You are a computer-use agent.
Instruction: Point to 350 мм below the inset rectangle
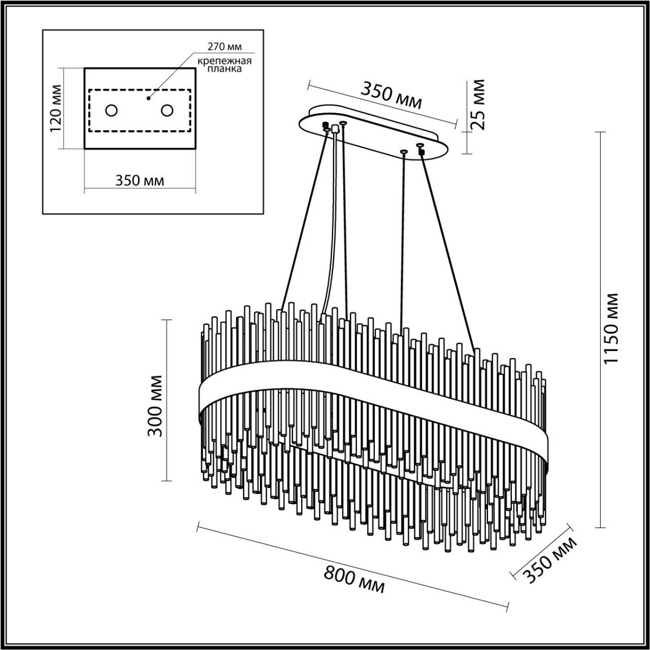[140, 180]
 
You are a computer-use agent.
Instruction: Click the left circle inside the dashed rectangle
[111, 110]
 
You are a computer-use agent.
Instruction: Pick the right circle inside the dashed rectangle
[167, 110]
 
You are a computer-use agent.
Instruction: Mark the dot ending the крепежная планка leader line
[148, 99]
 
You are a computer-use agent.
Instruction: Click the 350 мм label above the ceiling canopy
[391, 95]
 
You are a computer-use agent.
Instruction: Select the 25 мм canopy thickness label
[479, 105]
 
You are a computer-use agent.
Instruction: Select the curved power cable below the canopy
[332, 227]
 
